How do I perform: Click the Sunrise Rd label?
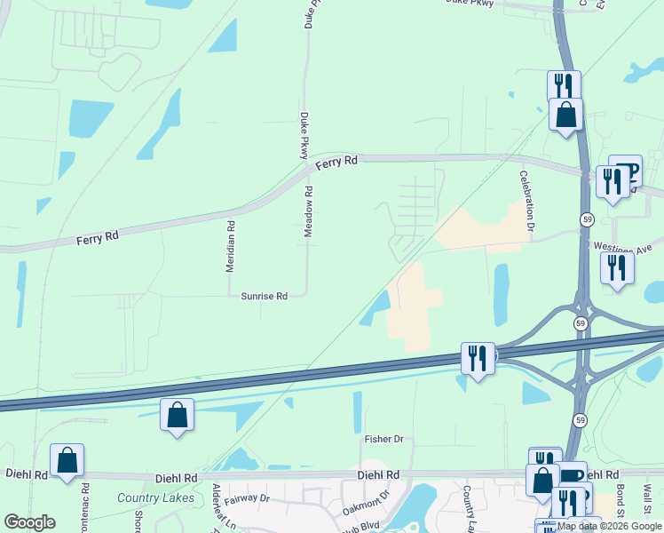click(x=265, y=296)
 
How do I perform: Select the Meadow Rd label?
click(x=309, y=210)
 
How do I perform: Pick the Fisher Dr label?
click(x=383, y=439)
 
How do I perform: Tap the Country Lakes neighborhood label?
click(x=155, y=497)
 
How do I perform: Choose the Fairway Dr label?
click(x=246, y=499)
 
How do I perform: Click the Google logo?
click(x=29, y=522)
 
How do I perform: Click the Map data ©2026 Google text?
click(x=609, y=526)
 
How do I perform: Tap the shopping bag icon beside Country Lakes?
click(x=67, y=460)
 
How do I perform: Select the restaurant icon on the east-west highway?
click(x=478, y=359)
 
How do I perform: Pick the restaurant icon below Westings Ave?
click(x=617, y=268)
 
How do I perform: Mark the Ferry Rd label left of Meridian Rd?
click(x=97, y=238)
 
